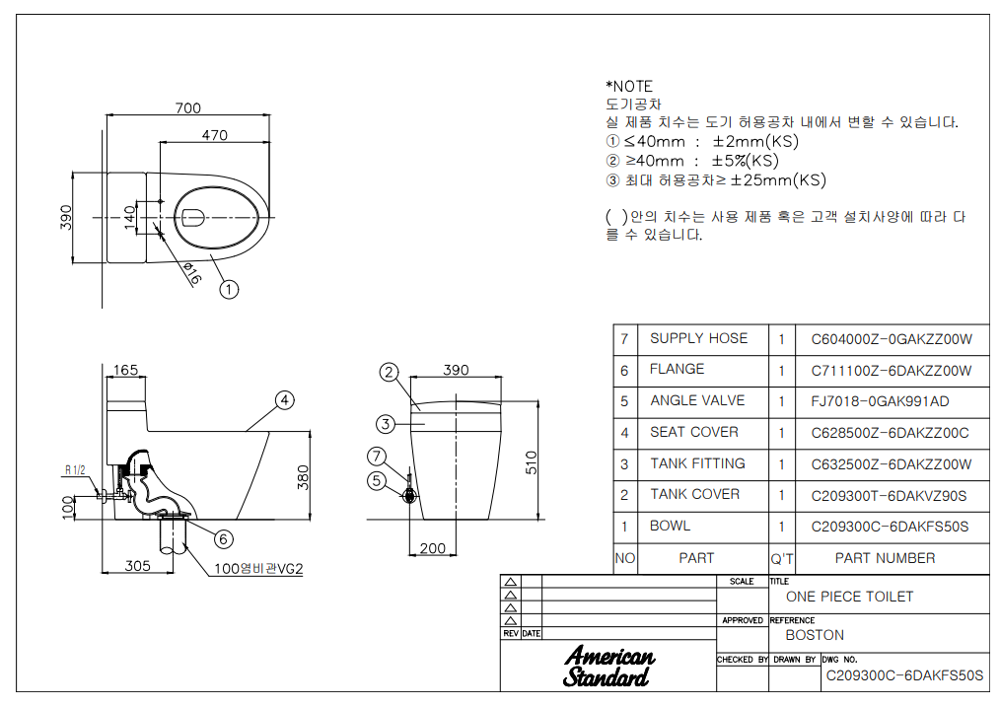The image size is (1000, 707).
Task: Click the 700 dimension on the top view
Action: (188, 108)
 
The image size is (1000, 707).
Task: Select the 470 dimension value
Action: (214, 136)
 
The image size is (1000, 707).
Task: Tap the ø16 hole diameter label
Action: (190, 275)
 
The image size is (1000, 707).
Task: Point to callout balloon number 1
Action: (229, 290)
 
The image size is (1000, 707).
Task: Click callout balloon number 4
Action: (284, 400)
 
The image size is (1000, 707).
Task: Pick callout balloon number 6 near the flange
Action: (223, 538)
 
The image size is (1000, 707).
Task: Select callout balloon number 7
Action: (376, 456)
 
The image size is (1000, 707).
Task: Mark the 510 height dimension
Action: (531, 461)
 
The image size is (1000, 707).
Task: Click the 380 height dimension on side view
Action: (304, 477)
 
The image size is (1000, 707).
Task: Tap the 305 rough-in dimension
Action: (138, 565)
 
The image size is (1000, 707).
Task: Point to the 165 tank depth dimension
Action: (125, 371)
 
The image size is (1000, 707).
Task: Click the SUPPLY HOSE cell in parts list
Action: (698, 338)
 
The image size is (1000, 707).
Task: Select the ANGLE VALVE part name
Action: (697, 401)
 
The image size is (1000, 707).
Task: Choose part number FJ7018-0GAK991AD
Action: (880, 401)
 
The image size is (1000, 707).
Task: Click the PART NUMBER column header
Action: (885, 558)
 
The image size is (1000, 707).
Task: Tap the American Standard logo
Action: (608, 666)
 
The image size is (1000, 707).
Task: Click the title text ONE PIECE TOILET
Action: (849, 597)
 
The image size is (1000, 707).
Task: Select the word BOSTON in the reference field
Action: (815, 635)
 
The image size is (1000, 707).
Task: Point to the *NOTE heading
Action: (628, 87)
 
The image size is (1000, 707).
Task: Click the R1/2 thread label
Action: (75, 471)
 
